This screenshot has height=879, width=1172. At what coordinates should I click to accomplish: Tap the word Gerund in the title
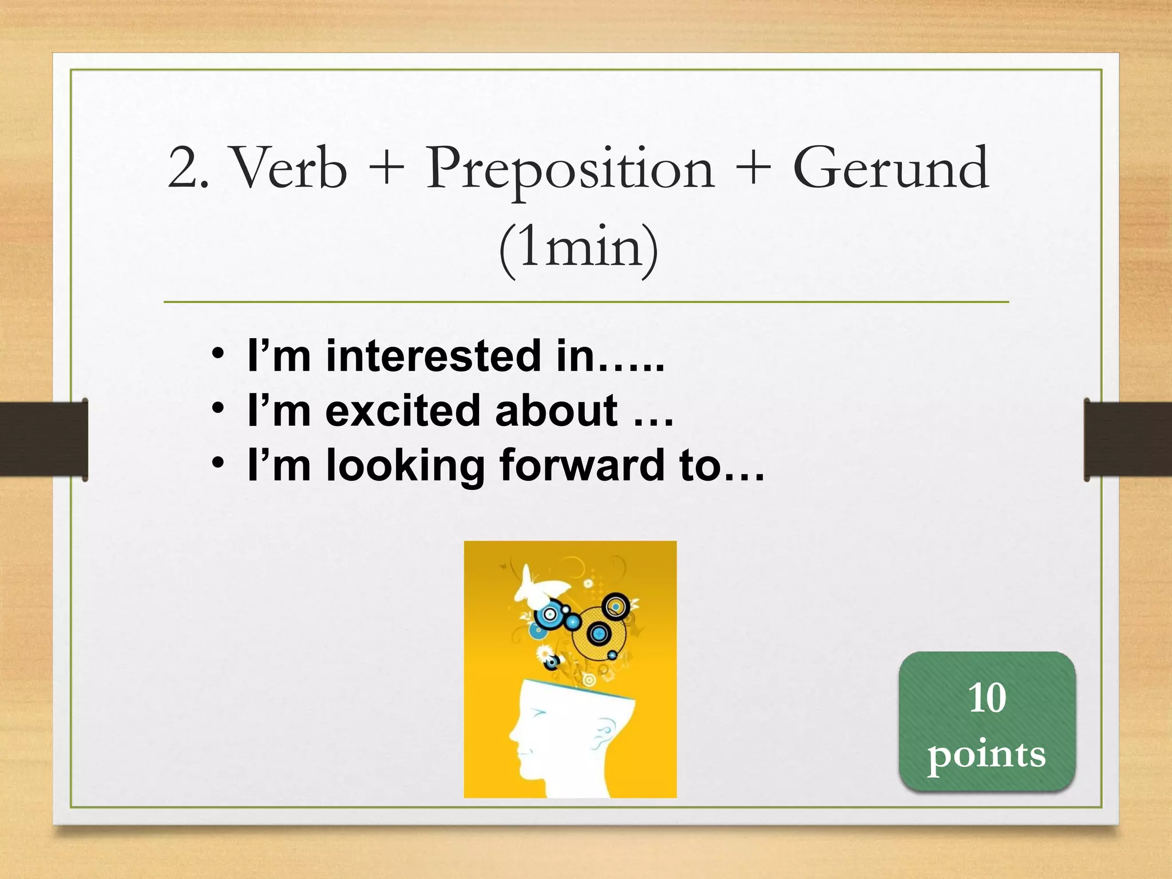(x=891, y=168)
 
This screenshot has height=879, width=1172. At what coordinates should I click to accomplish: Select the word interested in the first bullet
(x=433, y=356)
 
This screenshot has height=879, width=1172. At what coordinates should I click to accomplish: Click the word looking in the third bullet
(x=405, y=466)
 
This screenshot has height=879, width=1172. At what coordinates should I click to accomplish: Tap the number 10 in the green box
(x=987, y=698)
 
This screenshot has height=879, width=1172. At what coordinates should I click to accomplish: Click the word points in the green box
(x=987, y=754)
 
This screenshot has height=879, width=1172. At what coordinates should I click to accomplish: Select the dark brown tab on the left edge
(x=43, y=439)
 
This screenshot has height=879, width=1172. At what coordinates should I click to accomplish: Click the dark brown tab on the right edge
(x=1127, y=439)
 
